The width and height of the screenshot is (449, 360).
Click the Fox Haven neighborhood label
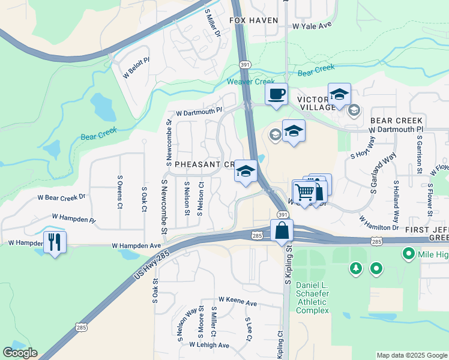coord(254,20)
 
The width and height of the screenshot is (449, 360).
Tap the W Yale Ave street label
coord(312,26)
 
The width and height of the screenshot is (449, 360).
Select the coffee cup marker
coord(276,95)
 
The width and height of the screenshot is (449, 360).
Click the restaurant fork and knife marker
coord(55,242)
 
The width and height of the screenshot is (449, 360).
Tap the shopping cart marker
coord(305,192)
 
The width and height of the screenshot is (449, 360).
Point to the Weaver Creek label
coord(250,82)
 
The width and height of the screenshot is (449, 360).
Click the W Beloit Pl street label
coord(136,68)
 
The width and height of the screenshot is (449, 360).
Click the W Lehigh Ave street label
coord(209,345)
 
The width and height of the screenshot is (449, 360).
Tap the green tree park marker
coord(357,268)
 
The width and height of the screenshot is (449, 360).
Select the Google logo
coord(20,353)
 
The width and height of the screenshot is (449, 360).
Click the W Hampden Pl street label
coord(73,218)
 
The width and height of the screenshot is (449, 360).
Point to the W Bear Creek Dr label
coord(62,196)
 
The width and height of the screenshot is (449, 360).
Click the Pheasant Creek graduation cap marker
coord(245,172)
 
